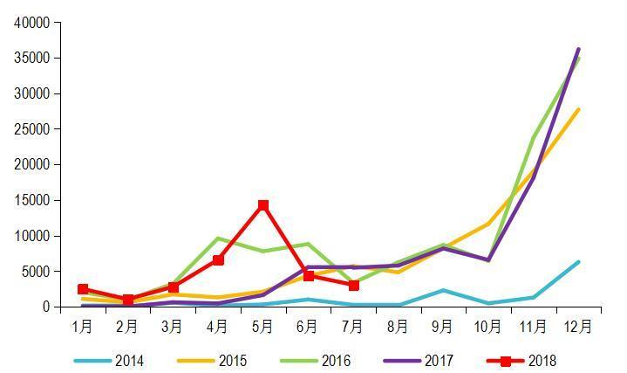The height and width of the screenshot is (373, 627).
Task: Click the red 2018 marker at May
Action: pyautogui.click(x=262, y=205)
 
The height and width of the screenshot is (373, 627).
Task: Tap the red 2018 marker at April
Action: pyautogui.click(x=218, y=260)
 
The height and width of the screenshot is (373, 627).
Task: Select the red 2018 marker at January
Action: pyautogui.click(x=83, y=289)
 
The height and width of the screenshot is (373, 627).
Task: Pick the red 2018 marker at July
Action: pyautogui.click(x=353, y=286)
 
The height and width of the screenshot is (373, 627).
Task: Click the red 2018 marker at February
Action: pyautogui.click(x=128, y=300)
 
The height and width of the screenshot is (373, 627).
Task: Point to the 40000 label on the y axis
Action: pyautogui.click(x=32, y=23)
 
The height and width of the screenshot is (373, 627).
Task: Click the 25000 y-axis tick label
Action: pyautogui.click(x=32, y=129)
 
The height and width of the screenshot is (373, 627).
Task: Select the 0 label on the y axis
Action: pyautogui.click(x=47, y=307)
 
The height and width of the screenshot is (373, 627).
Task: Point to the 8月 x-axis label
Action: pyautogui.click(x=398, y=328)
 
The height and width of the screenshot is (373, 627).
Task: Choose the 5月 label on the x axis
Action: pyautogui.click(x=262, y=328)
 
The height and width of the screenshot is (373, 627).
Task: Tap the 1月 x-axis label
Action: pyautogui.click(x=83, y=328)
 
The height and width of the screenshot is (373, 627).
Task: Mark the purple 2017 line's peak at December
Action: pyautogui.click(x=578, y=50)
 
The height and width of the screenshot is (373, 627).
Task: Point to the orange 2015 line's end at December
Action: pyautogui.click(x=578, y=110)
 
